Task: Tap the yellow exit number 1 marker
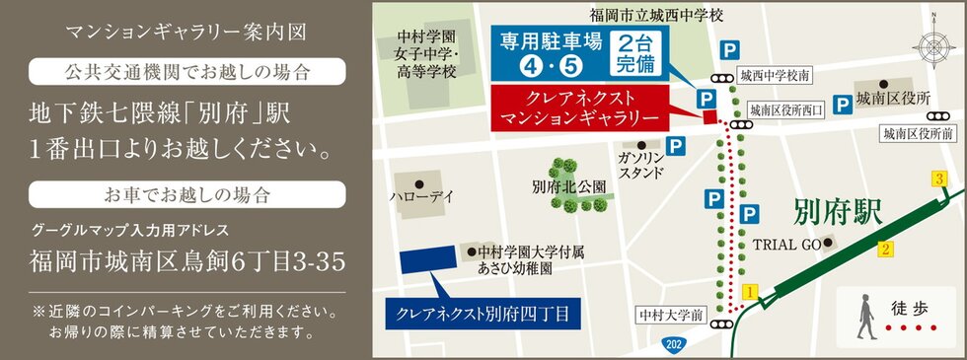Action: pyautogui.click(x=750, y=292)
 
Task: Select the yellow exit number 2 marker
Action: pyautogui.click(x=886, y=249)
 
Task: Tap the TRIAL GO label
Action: pyautogui.click(x=787, y=243)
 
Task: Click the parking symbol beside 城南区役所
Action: pyautogui.click(x=843, y=103)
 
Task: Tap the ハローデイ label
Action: pyautogui.click(x=422, y=197)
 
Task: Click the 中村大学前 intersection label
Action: pyautogui.click(x=671, y=316)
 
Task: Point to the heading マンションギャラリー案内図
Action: pyautogui.click(x=186, y=32)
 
